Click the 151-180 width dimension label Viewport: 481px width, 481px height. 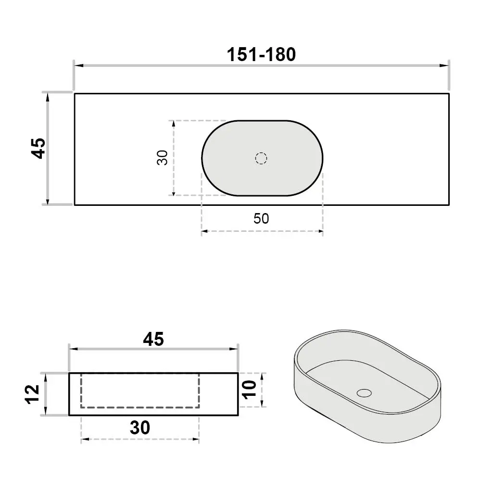(x=261, y=55)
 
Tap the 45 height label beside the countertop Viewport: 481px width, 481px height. (x=38, y=149)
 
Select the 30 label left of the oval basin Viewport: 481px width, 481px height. (x=162, y=158)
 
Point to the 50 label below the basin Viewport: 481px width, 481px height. (x=261, y=218)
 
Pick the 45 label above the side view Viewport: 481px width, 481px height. (x=153, y=339)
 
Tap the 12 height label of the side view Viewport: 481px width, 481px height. (x=32, y=394)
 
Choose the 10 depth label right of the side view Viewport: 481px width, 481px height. (x=249, y=390)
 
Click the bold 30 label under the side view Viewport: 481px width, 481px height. (x=140, y=428)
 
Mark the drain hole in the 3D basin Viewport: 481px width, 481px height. (x=364, y=393)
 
